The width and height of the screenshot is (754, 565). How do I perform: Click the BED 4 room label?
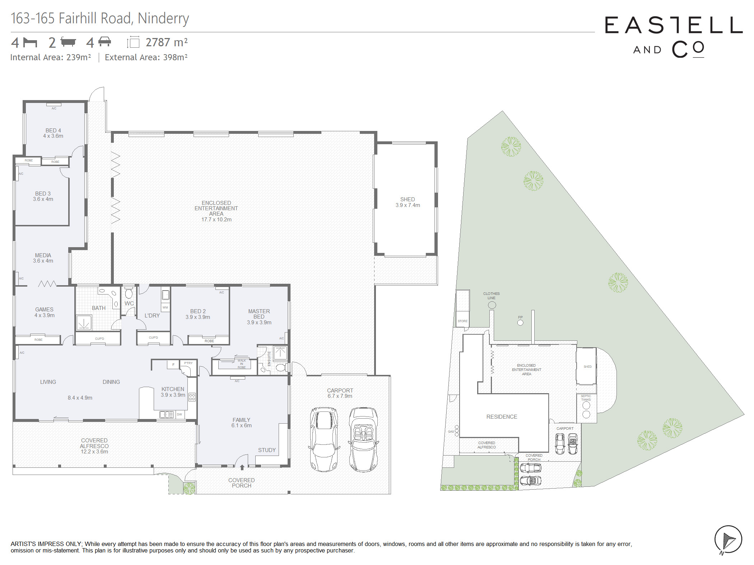pos(53,133)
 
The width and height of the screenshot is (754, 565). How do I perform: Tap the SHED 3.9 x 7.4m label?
pos(408,202)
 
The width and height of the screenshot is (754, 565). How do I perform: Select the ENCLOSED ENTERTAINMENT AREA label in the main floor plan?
pos(216,211)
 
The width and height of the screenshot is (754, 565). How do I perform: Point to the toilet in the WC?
pos(129,293)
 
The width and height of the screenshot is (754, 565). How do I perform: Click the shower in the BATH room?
pos(84,322)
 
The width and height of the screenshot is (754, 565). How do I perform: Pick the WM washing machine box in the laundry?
pos(165,307)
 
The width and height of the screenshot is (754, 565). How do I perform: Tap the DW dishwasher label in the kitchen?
pos(180,414)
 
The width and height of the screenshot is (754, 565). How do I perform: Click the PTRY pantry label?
pos(188,363)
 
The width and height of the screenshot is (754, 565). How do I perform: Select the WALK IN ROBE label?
pos(242,364)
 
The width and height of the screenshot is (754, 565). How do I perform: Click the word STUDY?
pos(267,450)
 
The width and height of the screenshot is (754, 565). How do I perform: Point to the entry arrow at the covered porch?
pos(242,467)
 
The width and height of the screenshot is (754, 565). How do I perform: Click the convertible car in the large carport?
pos(363,439)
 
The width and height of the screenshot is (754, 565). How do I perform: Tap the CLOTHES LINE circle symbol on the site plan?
pos(492,305)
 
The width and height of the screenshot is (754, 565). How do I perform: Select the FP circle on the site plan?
pos(520,322)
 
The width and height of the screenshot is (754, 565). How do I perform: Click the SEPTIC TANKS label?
pos(586,398)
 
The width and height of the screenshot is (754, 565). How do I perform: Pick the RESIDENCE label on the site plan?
pos(502,416)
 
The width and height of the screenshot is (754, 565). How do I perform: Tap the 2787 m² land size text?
pos(167,42)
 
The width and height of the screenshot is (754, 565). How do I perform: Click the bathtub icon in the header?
pos(68,42)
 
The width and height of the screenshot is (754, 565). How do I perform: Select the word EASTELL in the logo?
pos(674,25)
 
